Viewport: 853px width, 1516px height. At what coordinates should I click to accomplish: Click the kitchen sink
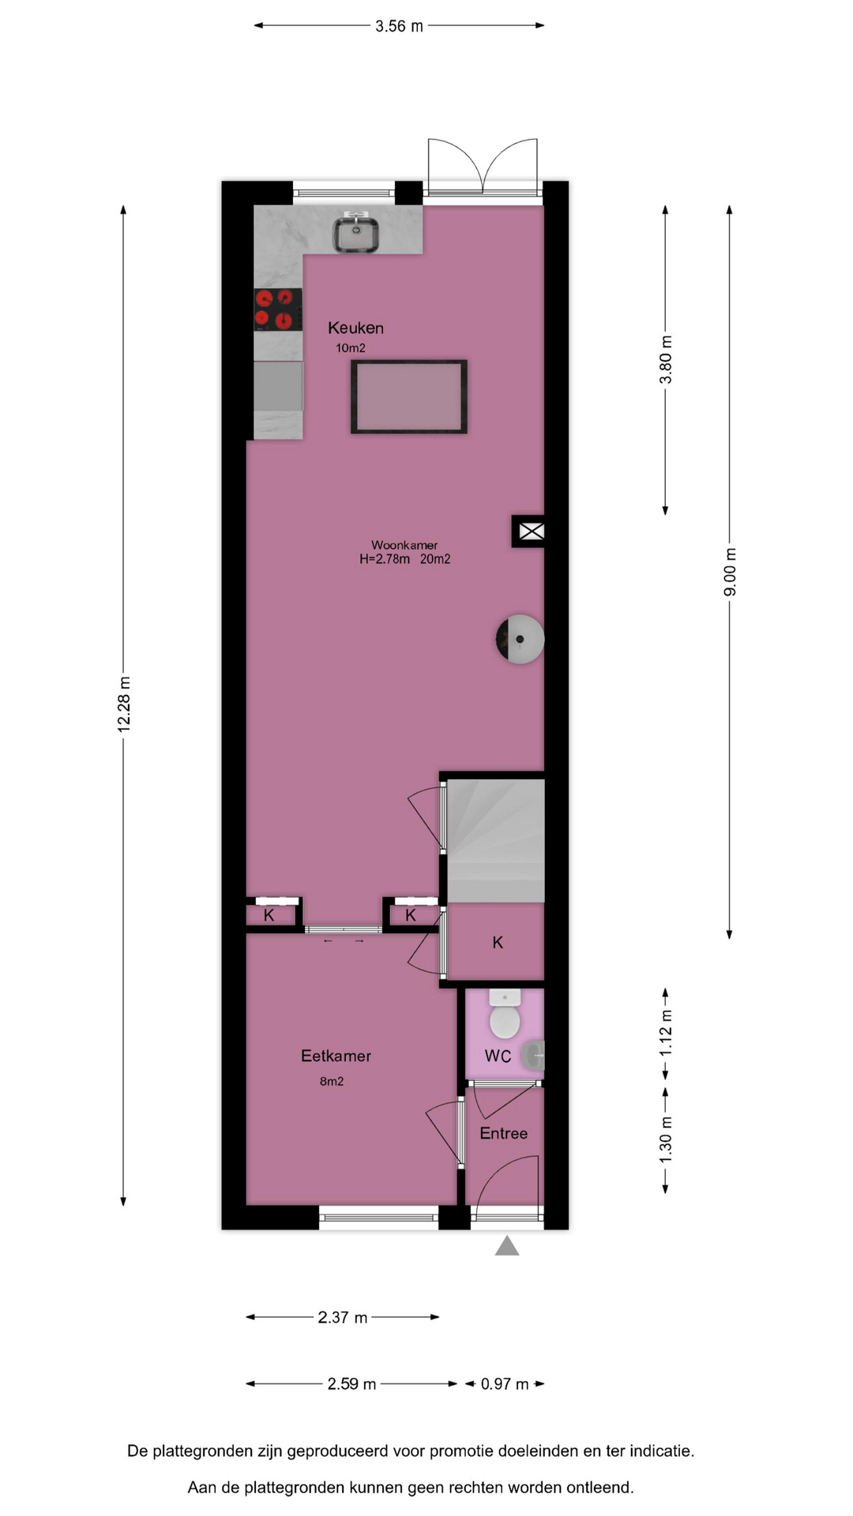[355, 234]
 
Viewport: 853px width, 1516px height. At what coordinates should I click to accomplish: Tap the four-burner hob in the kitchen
[278, 310]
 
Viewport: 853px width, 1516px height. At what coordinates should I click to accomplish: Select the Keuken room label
[356, 328]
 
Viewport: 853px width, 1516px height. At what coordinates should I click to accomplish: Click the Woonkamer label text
[404, 545]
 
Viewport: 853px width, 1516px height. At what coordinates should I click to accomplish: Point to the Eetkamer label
[336, 1056]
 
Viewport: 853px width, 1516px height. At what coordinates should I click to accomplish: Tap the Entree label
[504, 1133]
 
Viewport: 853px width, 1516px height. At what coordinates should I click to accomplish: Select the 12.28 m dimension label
[124, 704]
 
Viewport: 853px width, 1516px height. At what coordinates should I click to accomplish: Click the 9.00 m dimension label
[731, 572]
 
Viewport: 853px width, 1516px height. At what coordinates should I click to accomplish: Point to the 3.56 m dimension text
[399, 26]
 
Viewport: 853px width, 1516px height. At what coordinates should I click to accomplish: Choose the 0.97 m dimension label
[505, 1383]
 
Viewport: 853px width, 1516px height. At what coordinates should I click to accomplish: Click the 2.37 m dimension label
[343, 1317]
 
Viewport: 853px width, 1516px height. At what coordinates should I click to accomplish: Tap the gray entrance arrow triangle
[507, 1246]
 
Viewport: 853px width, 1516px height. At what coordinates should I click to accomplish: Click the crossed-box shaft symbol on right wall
[531, 531]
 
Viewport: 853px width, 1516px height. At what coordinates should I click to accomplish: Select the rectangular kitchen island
[409, 396]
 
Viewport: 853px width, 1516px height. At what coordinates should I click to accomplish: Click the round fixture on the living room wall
[520, 639]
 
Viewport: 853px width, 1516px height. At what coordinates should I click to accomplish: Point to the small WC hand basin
[535, 1055]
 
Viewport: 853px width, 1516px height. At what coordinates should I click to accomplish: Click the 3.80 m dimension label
[666, 359]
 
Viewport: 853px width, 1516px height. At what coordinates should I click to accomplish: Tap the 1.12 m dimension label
[666, 1033]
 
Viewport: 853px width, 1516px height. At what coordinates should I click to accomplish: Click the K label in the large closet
[498, 942]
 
